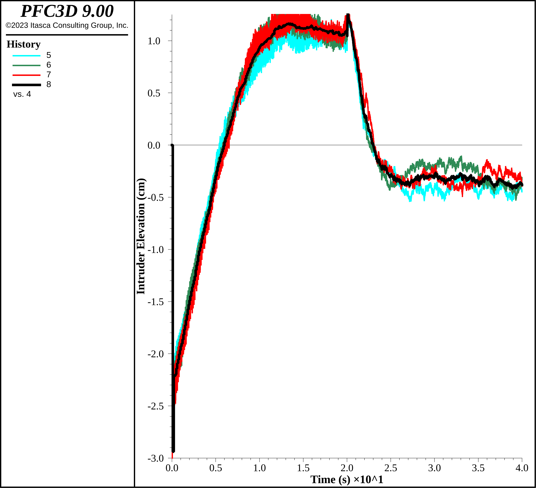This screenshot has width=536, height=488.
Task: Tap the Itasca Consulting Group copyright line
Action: pos(67,26)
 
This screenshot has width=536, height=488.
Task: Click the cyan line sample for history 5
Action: pos(27,56)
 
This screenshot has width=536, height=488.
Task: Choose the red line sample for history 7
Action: pos(27,75)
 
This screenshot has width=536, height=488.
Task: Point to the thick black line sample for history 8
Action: pos(27,85)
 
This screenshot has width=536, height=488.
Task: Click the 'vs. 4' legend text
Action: pos(22,94)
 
